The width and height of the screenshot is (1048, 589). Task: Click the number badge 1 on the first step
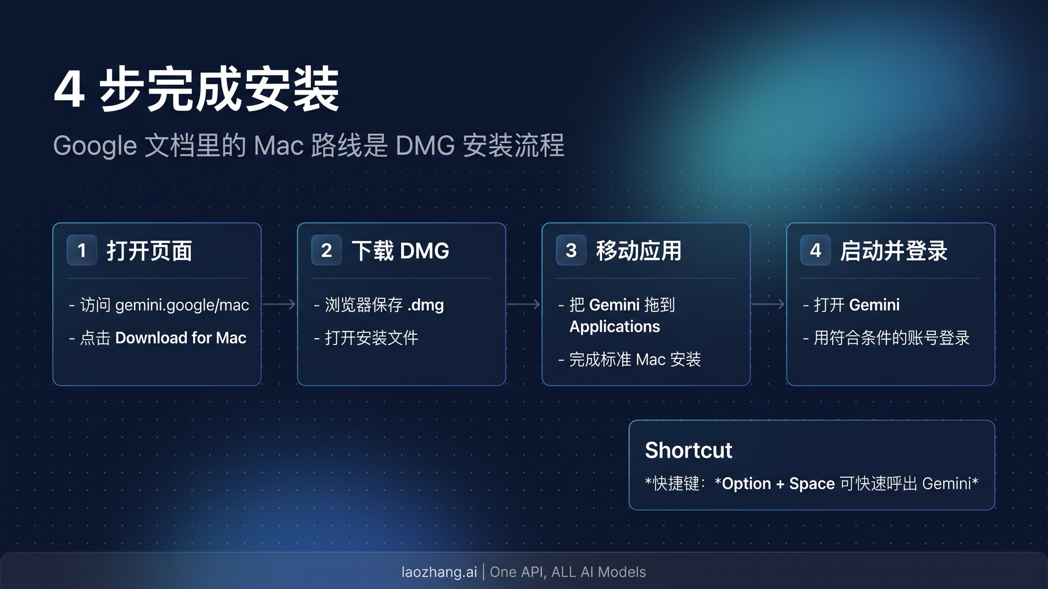click(82, 250)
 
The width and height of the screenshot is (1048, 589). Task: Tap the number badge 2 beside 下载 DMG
click(326, 250)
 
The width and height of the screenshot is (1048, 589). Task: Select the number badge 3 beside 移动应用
click(571, 250)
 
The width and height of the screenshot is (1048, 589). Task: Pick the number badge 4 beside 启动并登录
click(815, 250)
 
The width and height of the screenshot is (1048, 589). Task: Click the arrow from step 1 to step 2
click(279, 304)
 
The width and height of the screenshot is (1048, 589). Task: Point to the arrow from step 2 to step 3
click(524, 304)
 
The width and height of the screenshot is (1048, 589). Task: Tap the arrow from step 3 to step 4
click(768, 304)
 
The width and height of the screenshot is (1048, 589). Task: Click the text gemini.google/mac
click(182, 305)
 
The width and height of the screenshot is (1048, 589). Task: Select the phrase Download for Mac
click(181, 338)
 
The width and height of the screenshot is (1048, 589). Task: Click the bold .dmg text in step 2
click(426, 305)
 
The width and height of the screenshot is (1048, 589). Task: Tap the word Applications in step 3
click(615, 327)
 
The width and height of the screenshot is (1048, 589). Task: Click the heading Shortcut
click(688, 450)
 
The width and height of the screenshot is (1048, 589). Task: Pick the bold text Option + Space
click(778, 484)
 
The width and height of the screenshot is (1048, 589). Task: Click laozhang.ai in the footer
click(439, 572)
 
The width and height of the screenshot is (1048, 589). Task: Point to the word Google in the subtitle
click(95, 145)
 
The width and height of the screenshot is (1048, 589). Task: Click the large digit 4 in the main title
click(69, 89)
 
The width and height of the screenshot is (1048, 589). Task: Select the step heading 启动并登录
click(893, 251)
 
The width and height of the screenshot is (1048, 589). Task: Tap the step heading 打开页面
click(149, 251)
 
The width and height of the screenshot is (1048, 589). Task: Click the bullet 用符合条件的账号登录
click(891, 338)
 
